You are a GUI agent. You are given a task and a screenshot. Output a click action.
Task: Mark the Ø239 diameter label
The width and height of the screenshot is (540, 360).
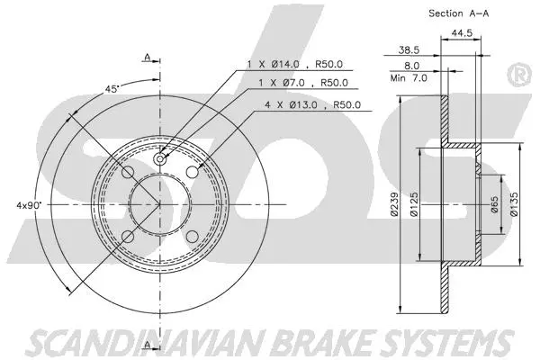394,207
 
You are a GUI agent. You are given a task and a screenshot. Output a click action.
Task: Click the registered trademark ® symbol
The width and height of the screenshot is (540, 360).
519,71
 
